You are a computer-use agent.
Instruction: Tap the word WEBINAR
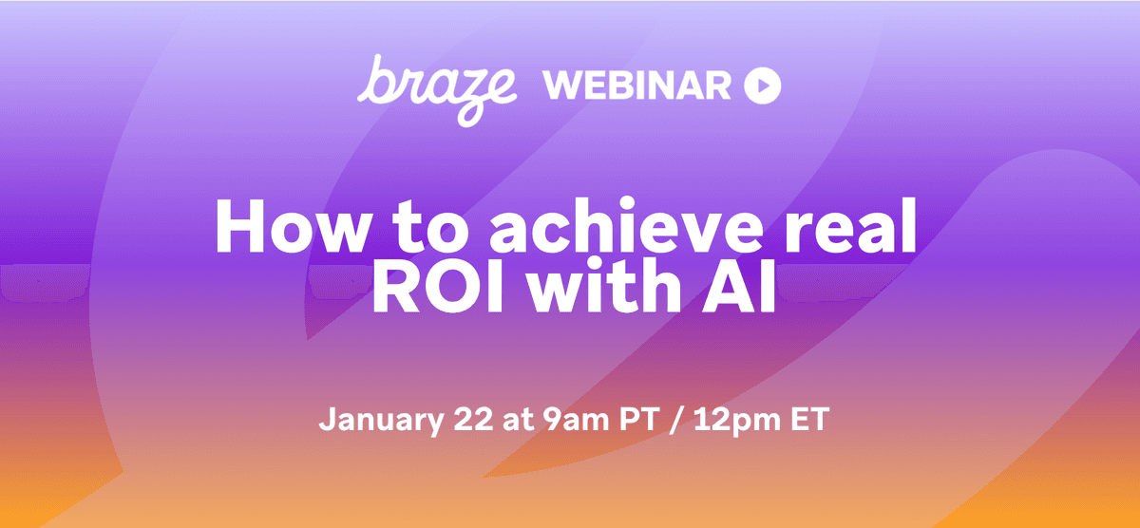pos(636,86)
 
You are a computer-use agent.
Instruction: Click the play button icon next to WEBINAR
pos(762,86)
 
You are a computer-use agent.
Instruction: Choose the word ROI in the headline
pos(436,290)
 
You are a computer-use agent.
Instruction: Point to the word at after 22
pos(510,420)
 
